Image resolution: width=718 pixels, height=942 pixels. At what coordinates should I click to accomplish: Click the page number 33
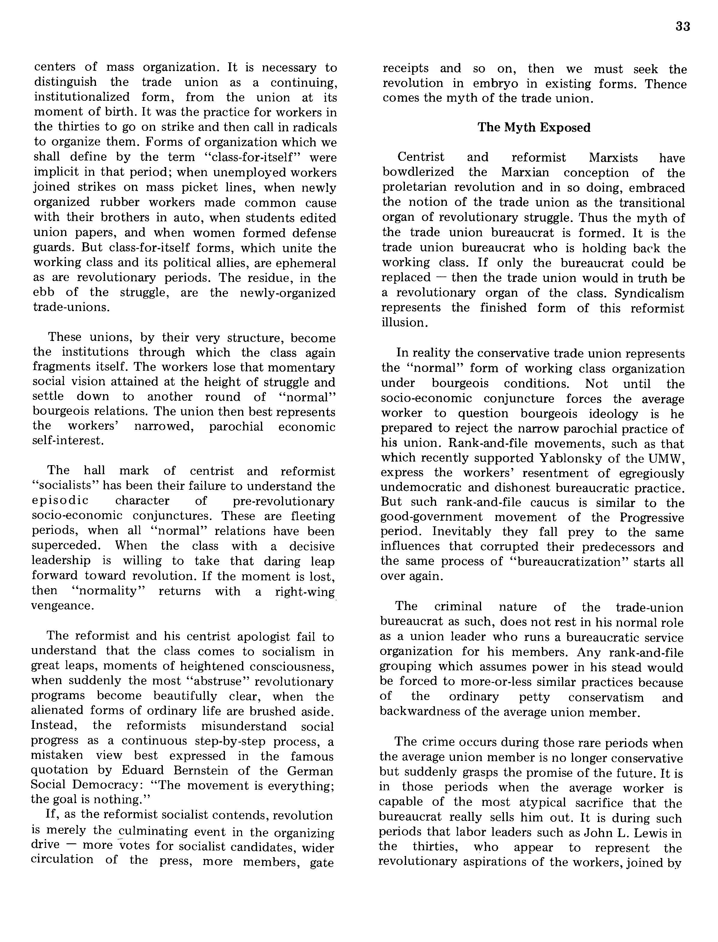(683, 26)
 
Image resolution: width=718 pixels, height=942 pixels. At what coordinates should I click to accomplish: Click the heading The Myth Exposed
(534, 127)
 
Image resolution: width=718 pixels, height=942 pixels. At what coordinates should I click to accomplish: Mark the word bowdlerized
(418, 172)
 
